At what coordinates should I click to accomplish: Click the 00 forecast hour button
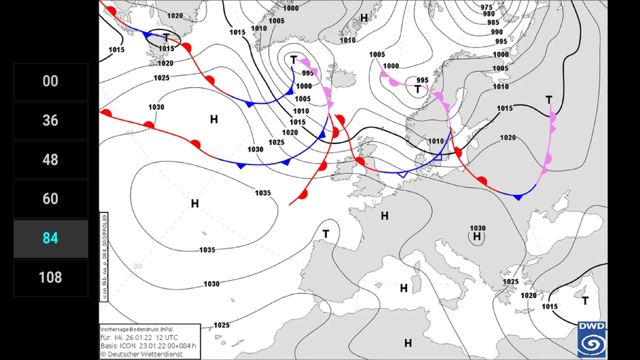tap(50, 82)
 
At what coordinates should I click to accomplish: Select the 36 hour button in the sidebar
tap(50, 121)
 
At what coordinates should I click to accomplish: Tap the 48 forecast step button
tap(50, 160)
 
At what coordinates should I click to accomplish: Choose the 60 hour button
tap(50, 199)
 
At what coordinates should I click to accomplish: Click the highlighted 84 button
tap(50, 238)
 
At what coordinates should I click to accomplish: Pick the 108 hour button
tap(50, 277)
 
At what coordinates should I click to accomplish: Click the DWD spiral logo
tap(591, 340)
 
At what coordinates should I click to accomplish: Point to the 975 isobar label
tap(487, 7)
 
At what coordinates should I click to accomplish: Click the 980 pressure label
tap(489, 14)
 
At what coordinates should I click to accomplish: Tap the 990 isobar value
tap(497, 32)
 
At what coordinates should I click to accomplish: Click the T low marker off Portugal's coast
tap(326, 233)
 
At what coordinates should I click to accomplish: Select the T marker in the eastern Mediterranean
tap(585, 301)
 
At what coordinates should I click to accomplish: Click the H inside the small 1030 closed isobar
tap(477, 237)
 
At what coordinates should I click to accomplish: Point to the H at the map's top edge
tap(363, 18)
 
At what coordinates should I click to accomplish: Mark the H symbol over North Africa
tap(408, 343)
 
